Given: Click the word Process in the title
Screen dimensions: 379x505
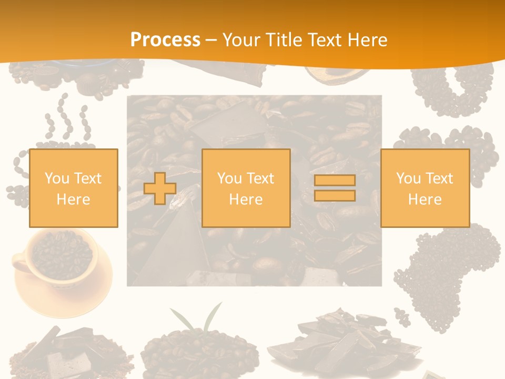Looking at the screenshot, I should [x=165, y=40].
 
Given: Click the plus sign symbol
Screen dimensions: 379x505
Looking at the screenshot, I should [x=160, y=188].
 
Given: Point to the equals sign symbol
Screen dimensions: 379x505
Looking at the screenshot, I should [x=335, y=188].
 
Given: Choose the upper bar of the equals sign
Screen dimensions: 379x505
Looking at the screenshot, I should [x=335, y=181].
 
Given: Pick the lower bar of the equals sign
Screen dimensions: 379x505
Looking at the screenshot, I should [x=335, y=195].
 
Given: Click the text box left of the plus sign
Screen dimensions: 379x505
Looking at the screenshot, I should [x=73, y=188].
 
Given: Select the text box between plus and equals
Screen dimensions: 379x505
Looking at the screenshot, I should [x=246, y=188].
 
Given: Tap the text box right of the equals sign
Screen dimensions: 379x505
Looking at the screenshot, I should [x=425, y=188].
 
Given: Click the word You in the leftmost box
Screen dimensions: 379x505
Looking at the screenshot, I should [x=56, y=178].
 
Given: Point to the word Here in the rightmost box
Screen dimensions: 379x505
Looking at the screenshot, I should [x=425, y=200].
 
